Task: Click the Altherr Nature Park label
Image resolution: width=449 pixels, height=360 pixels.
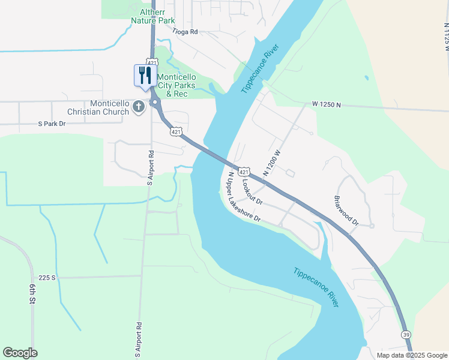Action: pos(148,16)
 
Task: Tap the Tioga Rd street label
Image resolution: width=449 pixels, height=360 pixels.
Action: pos(184,31)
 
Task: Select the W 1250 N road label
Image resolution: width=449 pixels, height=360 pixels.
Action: pos(327,104)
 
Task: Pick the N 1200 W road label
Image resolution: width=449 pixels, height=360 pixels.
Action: pos(271,163)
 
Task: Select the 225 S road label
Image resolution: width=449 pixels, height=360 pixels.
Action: pos(46,278)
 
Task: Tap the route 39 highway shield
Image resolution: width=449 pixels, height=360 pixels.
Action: pos(406,334)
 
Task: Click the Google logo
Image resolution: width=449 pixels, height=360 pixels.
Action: pos(20,353)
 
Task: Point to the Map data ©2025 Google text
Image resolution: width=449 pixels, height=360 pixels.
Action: pos(411,355)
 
